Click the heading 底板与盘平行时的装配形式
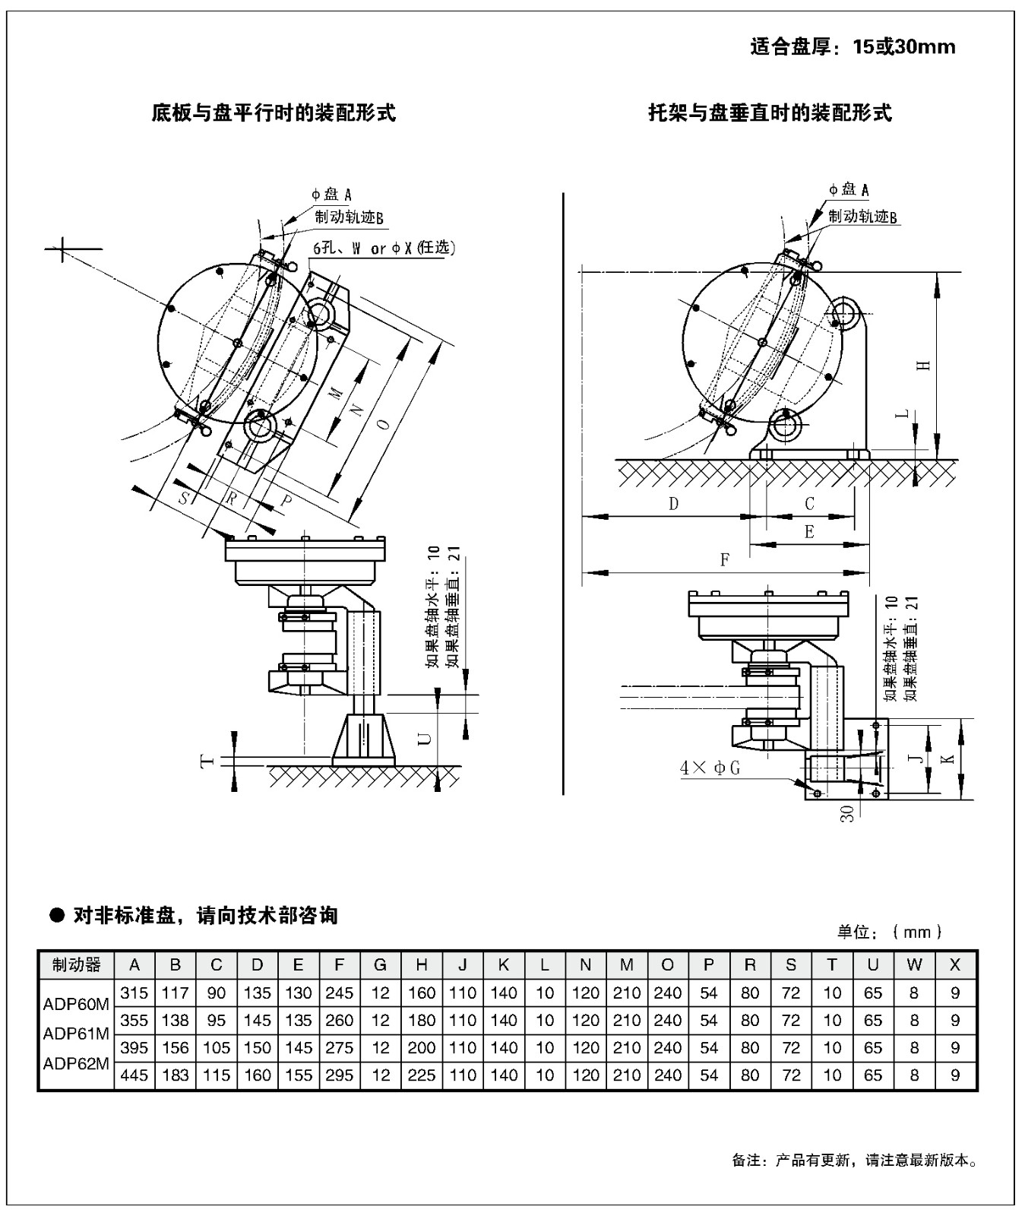click(x=274, y=114)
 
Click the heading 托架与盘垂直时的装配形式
click(x=769, y=114)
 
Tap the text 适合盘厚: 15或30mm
click(x=853, y=47)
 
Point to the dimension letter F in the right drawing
click(x=725, y=560)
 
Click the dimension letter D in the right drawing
click(x=673, y=504)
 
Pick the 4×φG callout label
click(x=710, y=768)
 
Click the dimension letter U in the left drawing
click(x=425, y=739)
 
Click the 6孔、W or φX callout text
click(x=384, y=249)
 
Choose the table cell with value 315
click(x=134, y=993)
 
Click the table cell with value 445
click(x=134, y=1075)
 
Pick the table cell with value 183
click(x=176, y=1075)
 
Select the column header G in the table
click(x=381, y=965)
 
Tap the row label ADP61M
click(x=76, y=1034)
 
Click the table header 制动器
click(x=76, y=965)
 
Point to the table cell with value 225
click(x=422, y=1075)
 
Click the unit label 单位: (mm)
click(x=890, y=932)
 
